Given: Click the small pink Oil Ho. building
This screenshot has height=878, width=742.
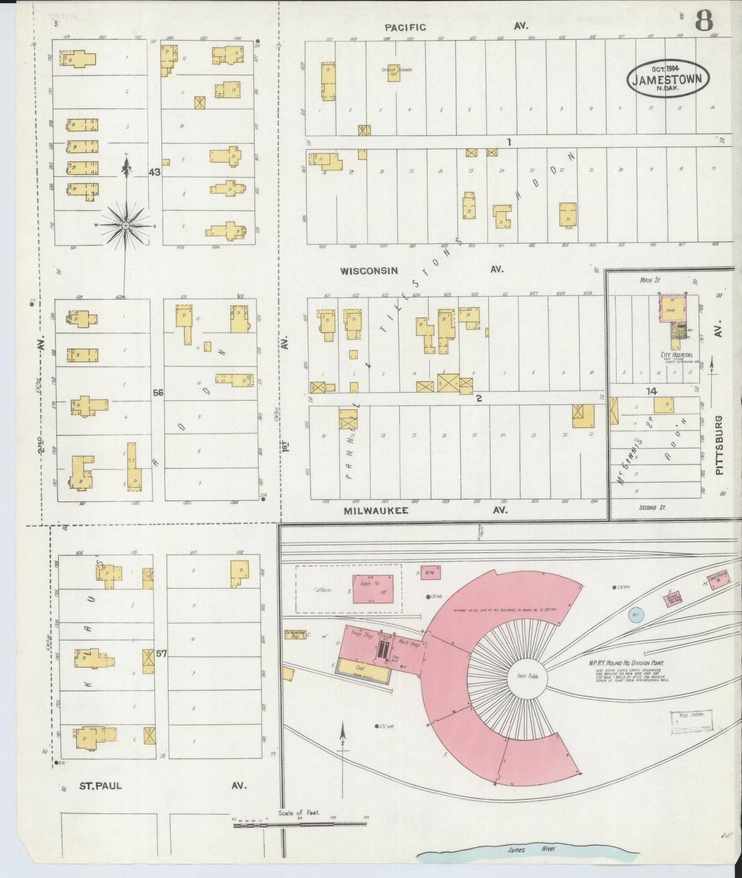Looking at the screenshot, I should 430,572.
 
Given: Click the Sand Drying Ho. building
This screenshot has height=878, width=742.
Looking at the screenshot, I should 717,582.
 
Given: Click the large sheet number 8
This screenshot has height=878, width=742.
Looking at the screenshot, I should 705,22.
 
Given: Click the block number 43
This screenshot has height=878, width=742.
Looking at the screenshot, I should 154,172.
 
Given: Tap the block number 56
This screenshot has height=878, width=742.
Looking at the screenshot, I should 158,393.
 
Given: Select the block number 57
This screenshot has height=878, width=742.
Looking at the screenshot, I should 161,654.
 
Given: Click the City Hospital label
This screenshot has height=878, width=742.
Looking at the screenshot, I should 677,355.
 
